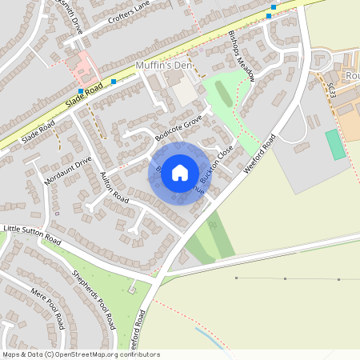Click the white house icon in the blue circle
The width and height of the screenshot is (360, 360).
180,172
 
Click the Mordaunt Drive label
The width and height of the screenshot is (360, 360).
69,170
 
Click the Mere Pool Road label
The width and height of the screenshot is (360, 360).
46,307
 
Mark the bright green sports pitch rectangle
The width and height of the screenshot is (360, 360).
334,144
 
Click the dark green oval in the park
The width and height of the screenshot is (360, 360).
224,94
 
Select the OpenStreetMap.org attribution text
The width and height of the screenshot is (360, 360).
96,354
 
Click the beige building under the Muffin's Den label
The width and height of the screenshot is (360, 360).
185,92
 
